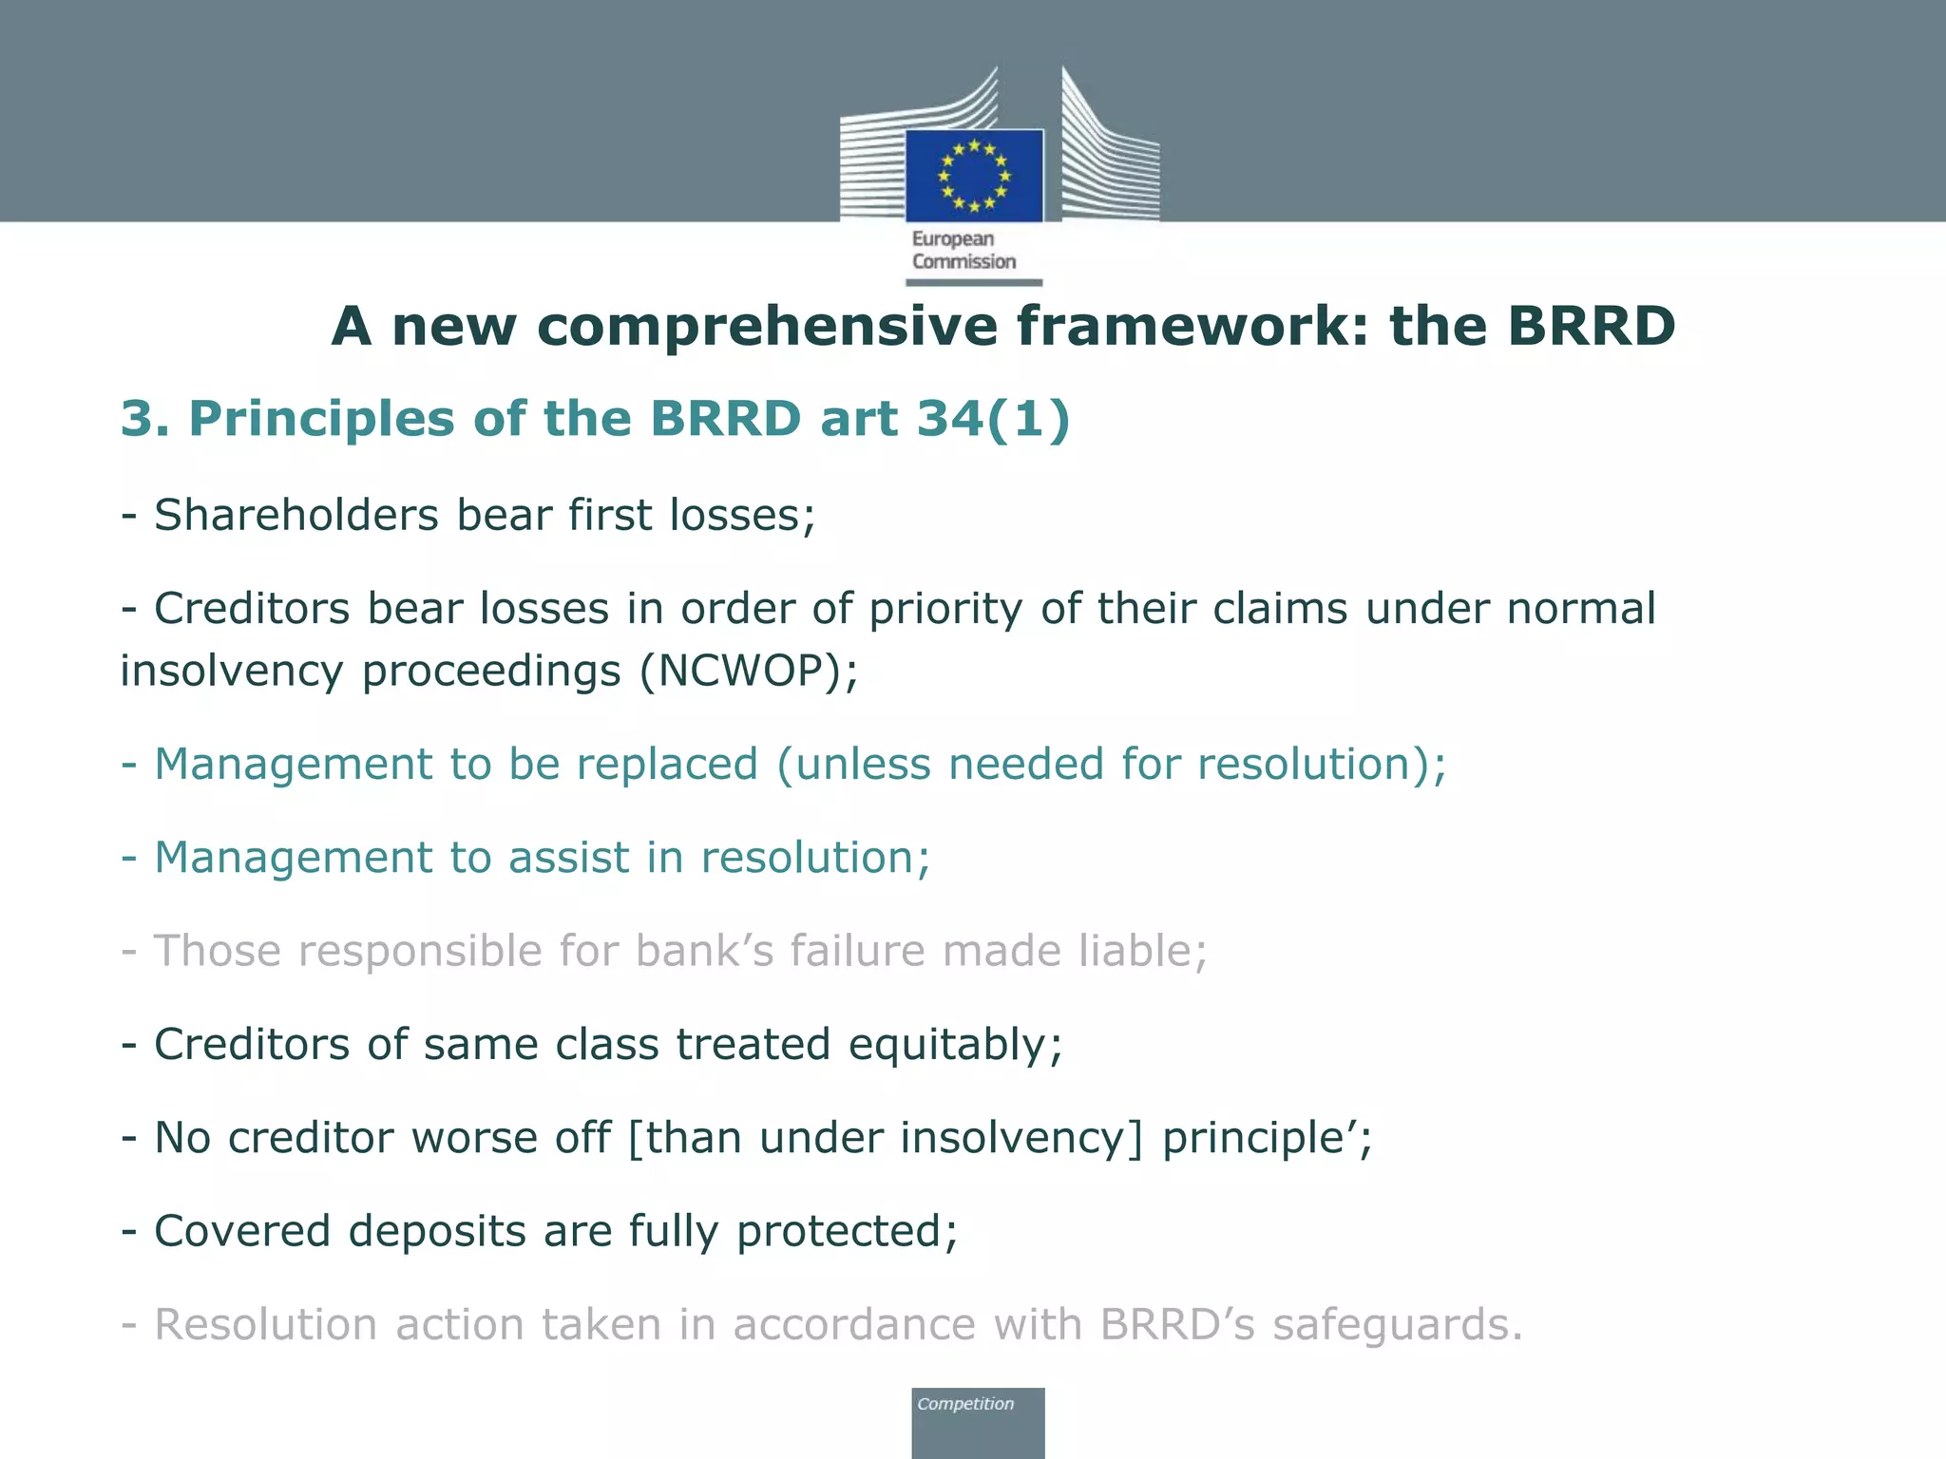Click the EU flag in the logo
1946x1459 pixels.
974,176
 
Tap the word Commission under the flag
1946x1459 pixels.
963,262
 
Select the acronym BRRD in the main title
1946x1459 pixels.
1591,326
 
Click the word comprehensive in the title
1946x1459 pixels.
767,326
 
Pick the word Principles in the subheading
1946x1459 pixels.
322,419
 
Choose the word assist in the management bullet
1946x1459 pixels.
568,858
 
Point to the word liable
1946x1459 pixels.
1142,951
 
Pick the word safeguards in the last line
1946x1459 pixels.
1397,1325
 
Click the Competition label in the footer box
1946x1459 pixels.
965,1404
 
